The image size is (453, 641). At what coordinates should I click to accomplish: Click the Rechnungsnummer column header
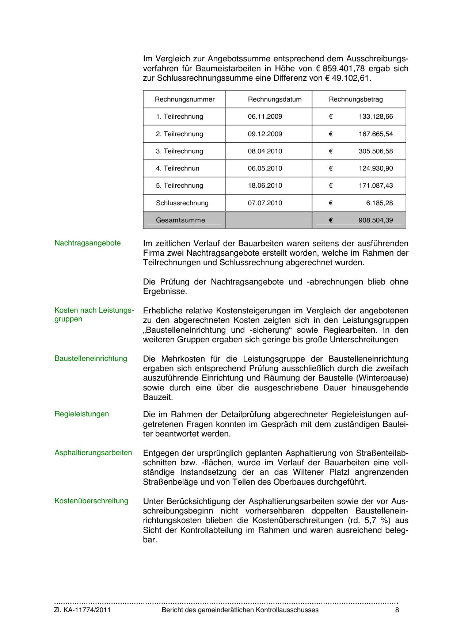coord(184,99)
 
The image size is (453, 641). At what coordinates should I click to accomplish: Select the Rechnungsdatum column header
coord(274,99)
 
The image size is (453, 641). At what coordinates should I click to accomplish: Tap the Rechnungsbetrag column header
coord(355,99)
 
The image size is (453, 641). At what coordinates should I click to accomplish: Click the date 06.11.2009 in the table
coord(265,117)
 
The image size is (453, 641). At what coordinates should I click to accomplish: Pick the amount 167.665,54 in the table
coord(376,134)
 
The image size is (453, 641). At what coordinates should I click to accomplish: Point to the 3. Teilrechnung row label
coord(179,151)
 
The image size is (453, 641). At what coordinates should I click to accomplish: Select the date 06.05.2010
coord(265,168)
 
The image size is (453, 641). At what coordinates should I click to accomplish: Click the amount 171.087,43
coord(376,186)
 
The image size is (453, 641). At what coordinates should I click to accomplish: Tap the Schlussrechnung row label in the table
coord(182,203)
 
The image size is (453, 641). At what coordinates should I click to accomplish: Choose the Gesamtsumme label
coord(180,220)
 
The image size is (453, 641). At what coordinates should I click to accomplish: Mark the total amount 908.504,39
coord(376,220)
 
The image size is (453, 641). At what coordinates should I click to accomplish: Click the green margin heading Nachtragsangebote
coord(87,243)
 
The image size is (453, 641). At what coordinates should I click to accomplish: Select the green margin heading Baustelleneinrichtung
coord(91,359)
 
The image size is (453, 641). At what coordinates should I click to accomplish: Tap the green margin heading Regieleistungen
coord(81,414)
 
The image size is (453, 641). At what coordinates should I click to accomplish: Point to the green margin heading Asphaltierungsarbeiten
coord(93,453)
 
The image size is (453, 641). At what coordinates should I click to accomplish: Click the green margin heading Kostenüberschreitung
coord(91,501)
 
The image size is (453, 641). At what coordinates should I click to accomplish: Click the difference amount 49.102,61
coord(351,78)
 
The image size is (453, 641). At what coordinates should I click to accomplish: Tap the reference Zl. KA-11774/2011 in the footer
coord(83,610)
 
